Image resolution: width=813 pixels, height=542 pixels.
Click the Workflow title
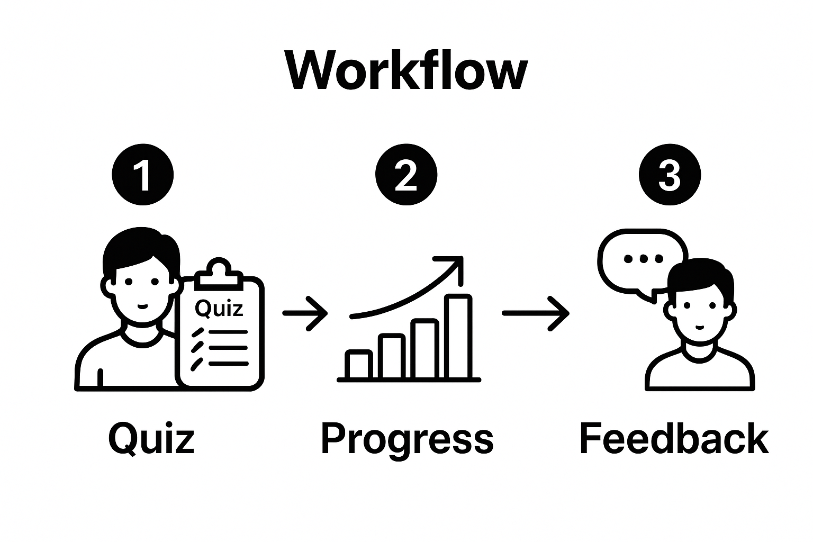point(406,71)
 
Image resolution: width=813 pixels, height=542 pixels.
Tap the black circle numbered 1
point(143,175)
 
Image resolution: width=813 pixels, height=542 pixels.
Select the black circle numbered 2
point(406,175)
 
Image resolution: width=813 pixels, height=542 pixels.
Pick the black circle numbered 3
point(670,175)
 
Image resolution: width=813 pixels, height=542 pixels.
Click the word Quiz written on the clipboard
point(219,308)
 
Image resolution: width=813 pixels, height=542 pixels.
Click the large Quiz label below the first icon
point(151,439)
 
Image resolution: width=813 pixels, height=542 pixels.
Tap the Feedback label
point(674,439)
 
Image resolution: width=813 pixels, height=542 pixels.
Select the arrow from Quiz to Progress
point(305,313)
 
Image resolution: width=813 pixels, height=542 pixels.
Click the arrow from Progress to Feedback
point(535,313)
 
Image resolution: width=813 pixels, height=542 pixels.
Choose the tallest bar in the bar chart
point(459,337)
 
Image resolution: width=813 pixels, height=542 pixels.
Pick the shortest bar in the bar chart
point(359,365)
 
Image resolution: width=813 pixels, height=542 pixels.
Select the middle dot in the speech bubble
point(644,259)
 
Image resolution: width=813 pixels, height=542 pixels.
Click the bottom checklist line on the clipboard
point(228,364)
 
